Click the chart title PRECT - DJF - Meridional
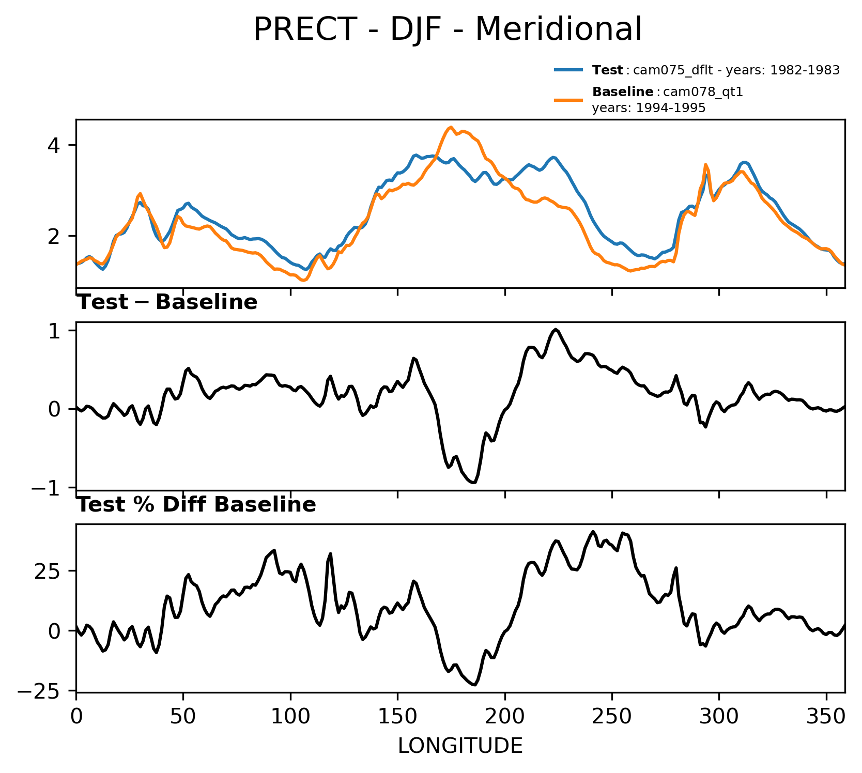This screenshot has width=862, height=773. click(x=448, y=29)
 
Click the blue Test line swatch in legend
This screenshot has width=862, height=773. click(x=569, y=70)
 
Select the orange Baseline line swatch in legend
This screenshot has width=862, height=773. click(x=569, y=100)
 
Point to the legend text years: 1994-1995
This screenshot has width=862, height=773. click(x=649, y=108)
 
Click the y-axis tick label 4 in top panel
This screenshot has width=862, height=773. click(x=54, y=145)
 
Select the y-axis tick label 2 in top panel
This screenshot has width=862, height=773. click(x=54, y=236)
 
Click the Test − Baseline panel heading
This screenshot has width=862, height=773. click(x=167, y=302)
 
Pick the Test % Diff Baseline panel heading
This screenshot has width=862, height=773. click(x=196, y=505)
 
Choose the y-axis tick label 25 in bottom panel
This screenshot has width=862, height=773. click(x=48, y=571)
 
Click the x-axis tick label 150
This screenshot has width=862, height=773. click(x=397, y=716)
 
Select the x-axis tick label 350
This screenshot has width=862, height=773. click(x=826, y=716)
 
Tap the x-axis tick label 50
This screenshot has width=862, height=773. click(x=183, y=716)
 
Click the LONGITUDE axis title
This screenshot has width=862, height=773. click(x=460, y=746)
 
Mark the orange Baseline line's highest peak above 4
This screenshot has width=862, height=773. click(x=451, y=127)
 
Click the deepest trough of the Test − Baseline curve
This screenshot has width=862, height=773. click(x=473, y=483)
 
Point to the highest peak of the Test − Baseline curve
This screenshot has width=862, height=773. click(x=556, y=329)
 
